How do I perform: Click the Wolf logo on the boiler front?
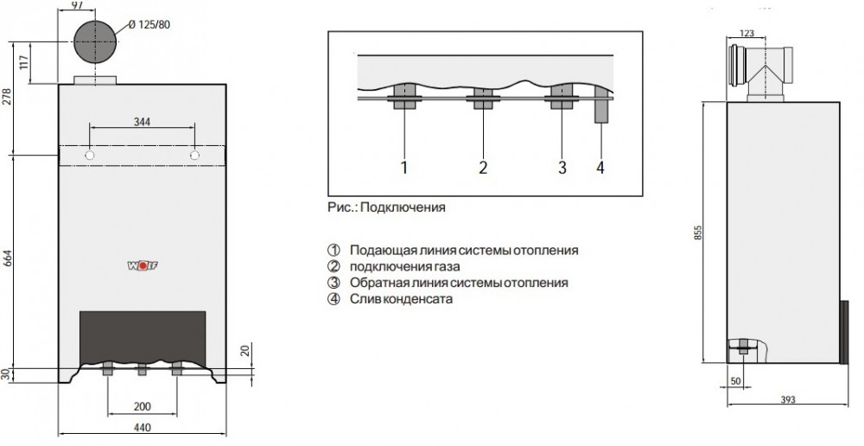143,265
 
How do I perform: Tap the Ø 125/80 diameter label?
149,25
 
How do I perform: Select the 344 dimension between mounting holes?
143,121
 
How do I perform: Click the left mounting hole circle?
90,156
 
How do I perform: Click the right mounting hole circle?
194,156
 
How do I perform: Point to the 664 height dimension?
8,258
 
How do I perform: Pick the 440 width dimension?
143,427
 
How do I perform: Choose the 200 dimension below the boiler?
143,407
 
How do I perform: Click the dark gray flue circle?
95,41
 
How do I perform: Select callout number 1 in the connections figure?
403,168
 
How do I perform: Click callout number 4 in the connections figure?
600,168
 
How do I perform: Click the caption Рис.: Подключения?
386,207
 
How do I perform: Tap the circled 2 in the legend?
334,267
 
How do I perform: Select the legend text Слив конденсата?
401,299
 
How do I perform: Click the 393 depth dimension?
788,399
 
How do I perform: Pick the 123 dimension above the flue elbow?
746,34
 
